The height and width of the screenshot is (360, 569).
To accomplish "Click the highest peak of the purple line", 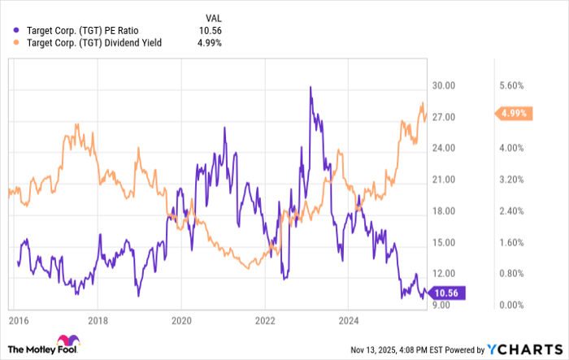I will tap(310, 87).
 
